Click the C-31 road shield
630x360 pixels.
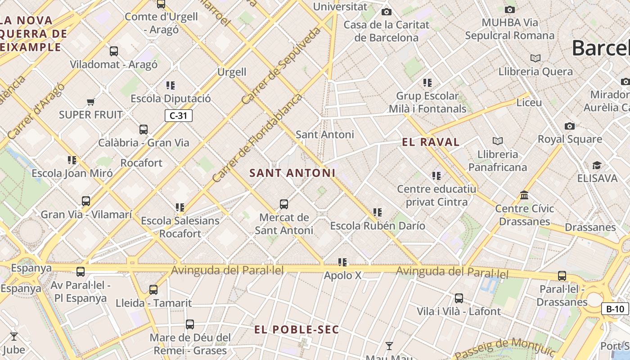179,116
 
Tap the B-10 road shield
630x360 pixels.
615,309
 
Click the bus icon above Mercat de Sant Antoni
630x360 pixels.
284,204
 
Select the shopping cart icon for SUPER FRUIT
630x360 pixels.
91,102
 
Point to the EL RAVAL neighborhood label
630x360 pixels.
431,143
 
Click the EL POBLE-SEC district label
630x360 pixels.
297,330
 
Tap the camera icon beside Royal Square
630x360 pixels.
570,126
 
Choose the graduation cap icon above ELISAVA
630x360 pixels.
597,165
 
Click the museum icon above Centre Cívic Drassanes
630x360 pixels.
524,195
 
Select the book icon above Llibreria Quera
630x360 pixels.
535,58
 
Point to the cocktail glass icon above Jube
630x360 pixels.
14,336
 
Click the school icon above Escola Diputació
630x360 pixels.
171,85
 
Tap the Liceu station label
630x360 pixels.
529,102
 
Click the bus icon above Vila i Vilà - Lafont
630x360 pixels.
459,298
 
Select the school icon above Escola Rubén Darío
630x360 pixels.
378,212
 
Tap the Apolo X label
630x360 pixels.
342,275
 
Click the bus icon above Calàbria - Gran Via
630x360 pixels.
144,130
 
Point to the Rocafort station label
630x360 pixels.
141,163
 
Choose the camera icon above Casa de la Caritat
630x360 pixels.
386,12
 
